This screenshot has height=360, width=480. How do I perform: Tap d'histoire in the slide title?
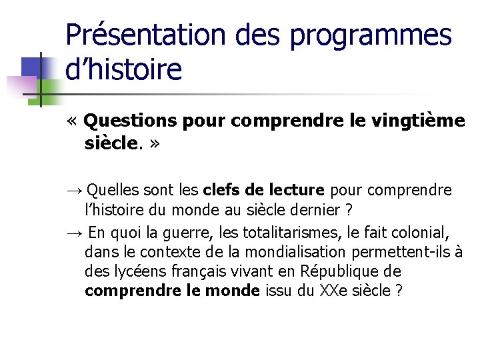click(x=123, y=69)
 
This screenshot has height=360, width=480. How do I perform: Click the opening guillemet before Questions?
click(x=72, y=121)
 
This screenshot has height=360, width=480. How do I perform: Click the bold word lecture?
click(x=297, y=191)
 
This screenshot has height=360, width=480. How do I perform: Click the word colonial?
click(x=419, y=233)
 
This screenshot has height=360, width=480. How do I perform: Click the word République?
click(x=339, y=272)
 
